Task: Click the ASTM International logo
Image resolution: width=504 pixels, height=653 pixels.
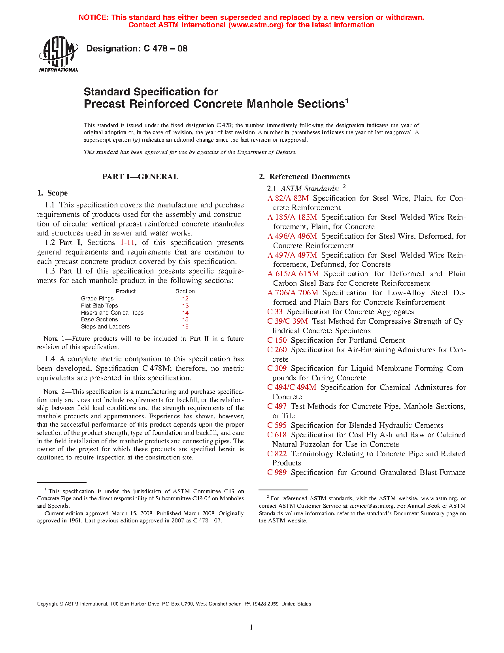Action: click(x=59, y=54)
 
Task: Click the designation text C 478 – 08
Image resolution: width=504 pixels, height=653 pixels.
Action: click(x=137, y=49)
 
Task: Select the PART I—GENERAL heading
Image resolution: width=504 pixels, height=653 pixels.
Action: click(x=140, y=177)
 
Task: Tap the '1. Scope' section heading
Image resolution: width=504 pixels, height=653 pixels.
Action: click(x=53, y=193)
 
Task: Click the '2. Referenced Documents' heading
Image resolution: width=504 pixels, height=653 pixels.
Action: click(x=305, y=177)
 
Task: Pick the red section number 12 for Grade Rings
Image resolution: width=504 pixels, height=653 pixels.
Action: click(x=185, y=299)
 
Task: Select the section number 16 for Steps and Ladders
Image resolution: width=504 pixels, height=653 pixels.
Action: click(x=185, y=327)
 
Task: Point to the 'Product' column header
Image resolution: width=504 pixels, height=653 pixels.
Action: click(x=126, y=291)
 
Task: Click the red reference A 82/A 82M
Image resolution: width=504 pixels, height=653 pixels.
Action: click(x=288, y=198)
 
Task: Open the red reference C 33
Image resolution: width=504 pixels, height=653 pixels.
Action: click(x=275, y=312)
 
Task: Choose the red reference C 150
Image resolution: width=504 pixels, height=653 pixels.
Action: click(x=277, y=340)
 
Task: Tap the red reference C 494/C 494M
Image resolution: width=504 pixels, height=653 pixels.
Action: click(x=292, y=387)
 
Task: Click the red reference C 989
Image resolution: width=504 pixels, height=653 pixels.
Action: click(x=277, y=473)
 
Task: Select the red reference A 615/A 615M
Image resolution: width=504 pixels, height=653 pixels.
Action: click(x=293, y=274)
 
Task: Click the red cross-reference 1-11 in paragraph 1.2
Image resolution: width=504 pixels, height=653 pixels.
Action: click(x=128, y=243)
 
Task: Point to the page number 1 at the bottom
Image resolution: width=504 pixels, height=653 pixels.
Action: click(x=251, y=627)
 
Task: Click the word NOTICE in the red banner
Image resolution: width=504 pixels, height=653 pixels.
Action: click(x=93, y=17)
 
